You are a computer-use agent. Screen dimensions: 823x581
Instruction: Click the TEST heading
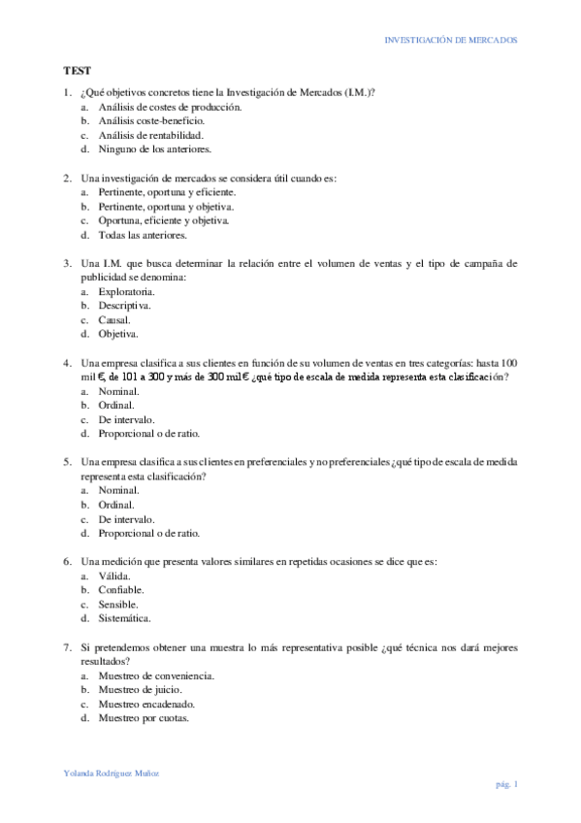78,71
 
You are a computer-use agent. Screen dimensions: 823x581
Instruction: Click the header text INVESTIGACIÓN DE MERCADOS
451,41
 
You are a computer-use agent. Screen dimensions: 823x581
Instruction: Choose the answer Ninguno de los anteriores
154,149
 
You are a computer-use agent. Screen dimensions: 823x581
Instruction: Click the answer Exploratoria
126,291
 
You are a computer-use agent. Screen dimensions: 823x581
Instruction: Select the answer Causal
114,319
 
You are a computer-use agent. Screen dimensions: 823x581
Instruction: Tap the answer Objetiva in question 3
117,334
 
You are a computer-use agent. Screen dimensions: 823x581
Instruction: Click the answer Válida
116,576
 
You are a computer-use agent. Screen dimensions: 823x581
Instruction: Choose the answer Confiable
121,590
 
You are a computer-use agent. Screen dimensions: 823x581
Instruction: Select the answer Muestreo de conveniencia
156,675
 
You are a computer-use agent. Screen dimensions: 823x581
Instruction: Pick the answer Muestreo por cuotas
144,718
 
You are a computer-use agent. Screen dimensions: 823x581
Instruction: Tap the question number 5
66,462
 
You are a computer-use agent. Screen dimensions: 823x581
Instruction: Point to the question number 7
66,646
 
